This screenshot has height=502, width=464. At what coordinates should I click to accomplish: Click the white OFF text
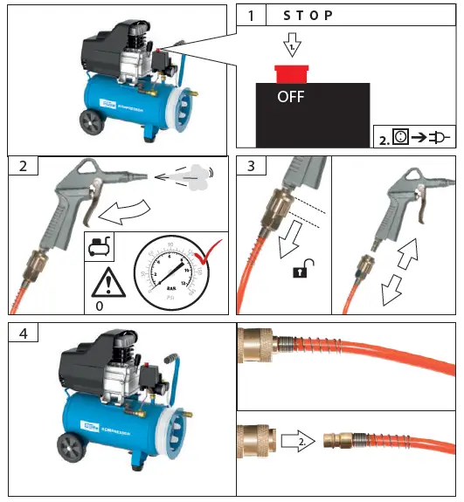[x=290, y=97]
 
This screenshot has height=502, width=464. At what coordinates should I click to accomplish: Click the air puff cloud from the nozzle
[x=197, y=174]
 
